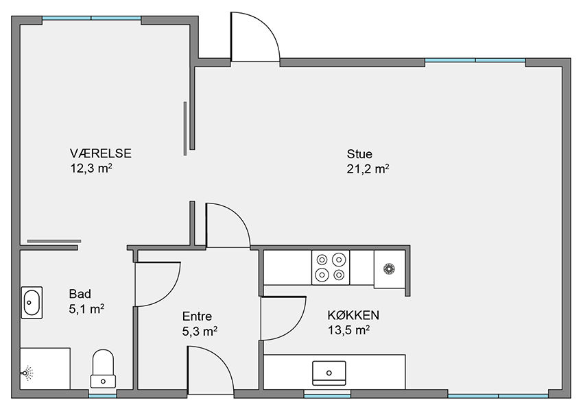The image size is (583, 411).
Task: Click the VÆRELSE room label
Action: [100, 153]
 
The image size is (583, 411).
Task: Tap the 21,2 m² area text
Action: [368, 169]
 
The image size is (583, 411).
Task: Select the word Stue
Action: [359, 153]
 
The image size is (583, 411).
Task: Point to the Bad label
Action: [80, 294]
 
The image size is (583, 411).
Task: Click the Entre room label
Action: [197, 316]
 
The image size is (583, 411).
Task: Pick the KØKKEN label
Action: [353, 315]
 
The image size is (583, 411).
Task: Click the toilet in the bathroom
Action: [103, 369]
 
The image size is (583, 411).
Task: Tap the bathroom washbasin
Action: [32, 303]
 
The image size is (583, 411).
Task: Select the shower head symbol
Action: [27, 373]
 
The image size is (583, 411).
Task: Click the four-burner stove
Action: [331, 267]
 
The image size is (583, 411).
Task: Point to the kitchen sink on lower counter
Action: [329, 373]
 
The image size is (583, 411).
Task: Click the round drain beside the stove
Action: [389, 268]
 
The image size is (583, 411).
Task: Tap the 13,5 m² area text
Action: [348, 330]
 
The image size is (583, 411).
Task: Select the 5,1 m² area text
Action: [86, 309]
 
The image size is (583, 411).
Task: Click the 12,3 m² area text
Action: [91, 169]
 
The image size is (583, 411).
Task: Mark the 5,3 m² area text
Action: [200, 331]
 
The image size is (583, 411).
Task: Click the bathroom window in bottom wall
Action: [103, 395]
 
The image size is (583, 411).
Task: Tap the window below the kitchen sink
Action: [327, 396]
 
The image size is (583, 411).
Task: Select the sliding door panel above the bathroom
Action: [54, 241]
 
